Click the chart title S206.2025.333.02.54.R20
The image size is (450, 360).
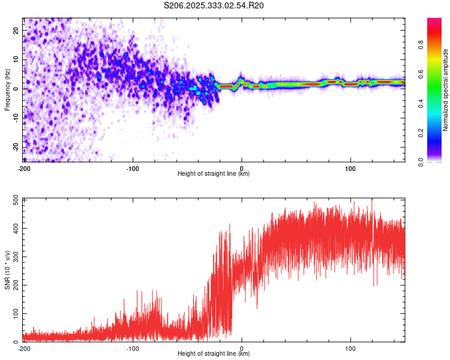point(214,5)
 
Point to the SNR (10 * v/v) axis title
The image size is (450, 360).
point(7,269)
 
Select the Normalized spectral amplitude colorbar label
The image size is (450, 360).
point(446,90)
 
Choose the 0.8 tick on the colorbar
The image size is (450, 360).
point(437,44)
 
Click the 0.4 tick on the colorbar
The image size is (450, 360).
point(437,103)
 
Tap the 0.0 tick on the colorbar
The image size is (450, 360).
point(437,161)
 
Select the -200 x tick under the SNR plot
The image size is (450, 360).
point(24,348)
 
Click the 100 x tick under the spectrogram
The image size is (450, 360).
point(350,167)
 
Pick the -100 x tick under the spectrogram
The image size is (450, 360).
point(133,167)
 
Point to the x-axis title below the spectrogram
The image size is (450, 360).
point(214,173)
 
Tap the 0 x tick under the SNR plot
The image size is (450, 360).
point(242,348)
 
